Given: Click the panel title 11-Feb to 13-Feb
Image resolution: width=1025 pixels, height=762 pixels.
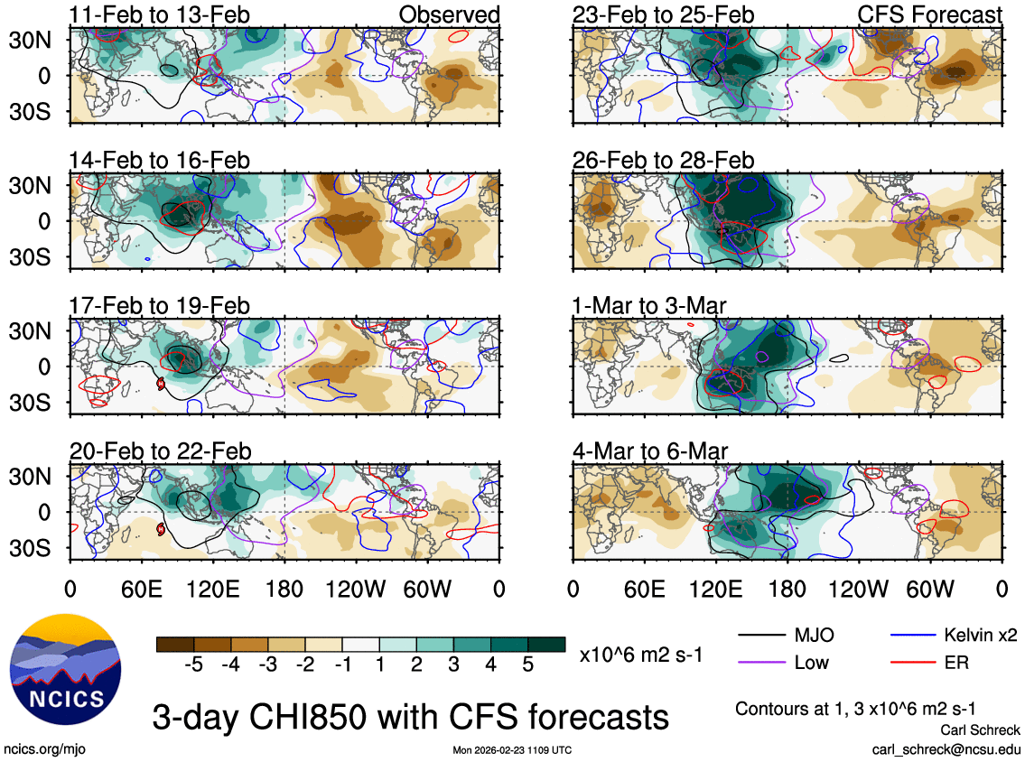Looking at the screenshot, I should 159,15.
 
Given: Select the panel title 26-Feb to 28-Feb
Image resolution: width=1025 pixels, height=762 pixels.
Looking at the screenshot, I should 663,162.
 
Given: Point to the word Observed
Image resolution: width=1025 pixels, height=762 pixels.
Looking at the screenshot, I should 449,15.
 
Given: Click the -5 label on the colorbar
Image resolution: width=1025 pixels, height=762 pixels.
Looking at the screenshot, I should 191,664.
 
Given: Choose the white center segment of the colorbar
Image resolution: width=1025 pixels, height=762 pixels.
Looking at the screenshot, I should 360,644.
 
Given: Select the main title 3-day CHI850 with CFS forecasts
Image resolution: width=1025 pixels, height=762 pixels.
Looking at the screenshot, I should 411,718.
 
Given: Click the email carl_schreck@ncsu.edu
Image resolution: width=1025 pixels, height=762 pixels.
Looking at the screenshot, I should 946,749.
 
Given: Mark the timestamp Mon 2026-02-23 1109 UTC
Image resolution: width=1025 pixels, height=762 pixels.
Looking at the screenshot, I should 512,750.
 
